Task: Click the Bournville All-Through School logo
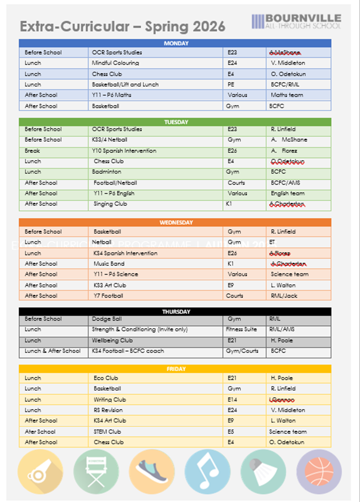coord(296,21)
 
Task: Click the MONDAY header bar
coord(175,43)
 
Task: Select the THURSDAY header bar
coord(175,312)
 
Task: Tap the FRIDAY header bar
coord(175,369)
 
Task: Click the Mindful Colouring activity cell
coord(115,63)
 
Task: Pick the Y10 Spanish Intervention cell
coord(124,151)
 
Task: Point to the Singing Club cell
coord(110,204)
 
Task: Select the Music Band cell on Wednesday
coord(109,264)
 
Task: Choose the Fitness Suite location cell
coord(241,329)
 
